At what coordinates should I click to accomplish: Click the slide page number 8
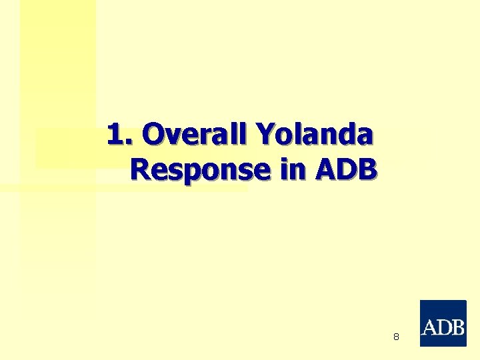(396, 337)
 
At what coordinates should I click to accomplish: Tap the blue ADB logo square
(443, 323)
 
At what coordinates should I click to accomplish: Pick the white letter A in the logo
(430, 327)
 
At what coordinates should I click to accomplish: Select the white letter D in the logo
(443, 327)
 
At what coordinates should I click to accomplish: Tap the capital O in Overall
(153, 135)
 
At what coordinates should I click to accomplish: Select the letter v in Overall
(170, 137)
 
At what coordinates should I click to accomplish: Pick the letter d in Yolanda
(344, 135)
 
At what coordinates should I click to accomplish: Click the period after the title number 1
(129, 142)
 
